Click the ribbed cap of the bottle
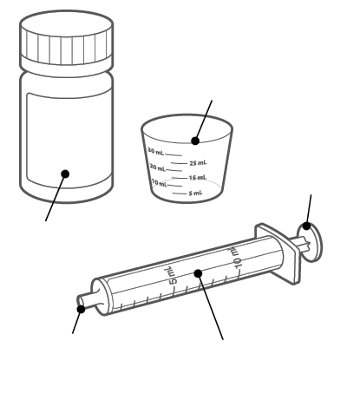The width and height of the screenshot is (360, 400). [x=66, y=37]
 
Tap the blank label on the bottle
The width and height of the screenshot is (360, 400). [x=69, y=139]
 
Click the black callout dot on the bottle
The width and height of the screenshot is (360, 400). [x=65, y=174]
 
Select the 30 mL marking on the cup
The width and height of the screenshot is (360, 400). [x=155, y=151]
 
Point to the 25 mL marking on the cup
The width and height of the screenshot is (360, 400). [x=198, y=163]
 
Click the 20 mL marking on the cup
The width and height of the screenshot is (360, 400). [x=158, y=167]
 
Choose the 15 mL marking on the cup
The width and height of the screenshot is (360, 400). [x=198, y=177]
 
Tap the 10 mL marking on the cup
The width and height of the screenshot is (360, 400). [x=160, y=183]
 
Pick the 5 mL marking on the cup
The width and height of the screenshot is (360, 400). [x=196, y=193]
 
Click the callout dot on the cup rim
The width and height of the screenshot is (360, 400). [x=195, y=141]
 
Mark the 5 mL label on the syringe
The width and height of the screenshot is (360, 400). [x=171, y=275]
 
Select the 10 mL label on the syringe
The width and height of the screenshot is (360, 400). [x=236, y=257]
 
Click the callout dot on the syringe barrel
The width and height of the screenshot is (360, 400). [x=198, y=273]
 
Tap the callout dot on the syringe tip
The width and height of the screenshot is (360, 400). [x=82, y=309]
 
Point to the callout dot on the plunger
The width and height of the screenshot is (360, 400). [x=307, y=226]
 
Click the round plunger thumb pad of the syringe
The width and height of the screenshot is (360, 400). [x=311, y=242]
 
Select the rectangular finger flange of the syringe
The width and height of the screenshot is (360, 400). [x=278, y=253]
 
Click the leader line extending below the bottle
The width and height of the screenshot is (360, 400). [x=56, y=198]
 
